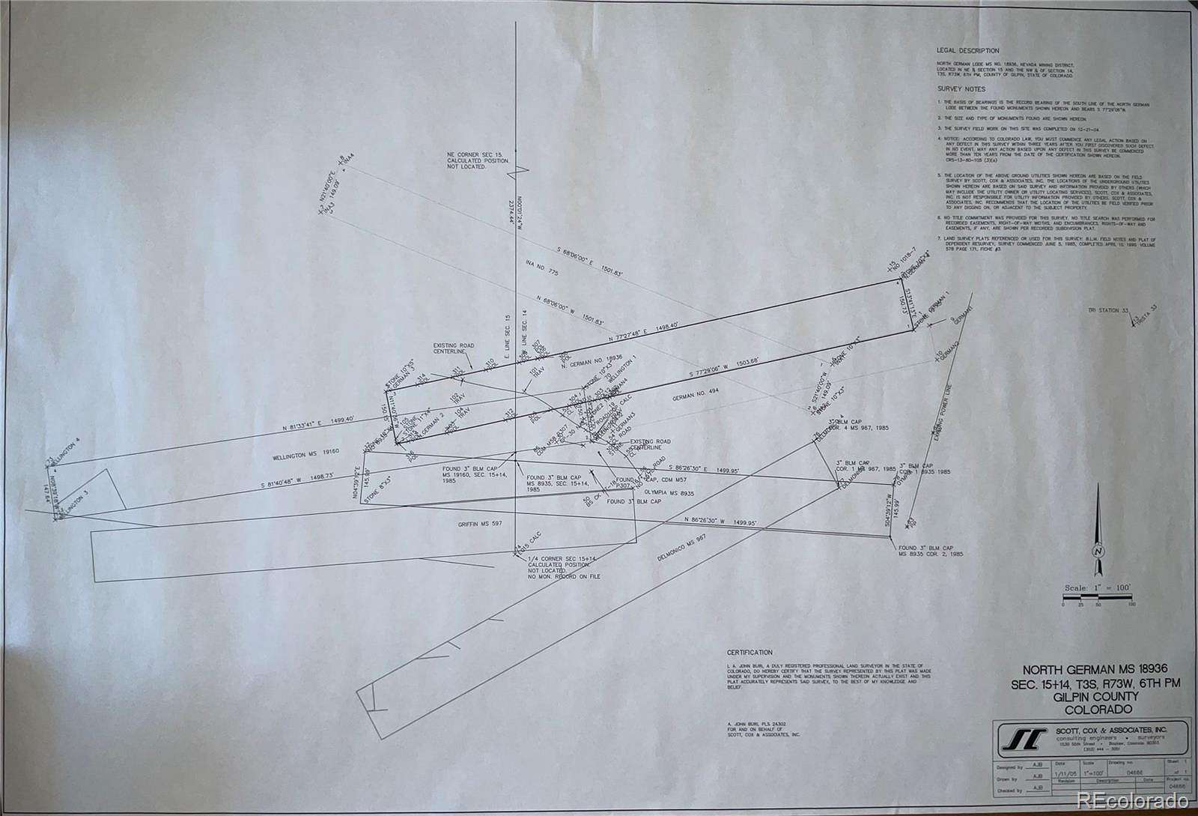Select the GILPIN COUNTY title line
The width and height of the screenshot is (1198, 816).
coord(1091,696)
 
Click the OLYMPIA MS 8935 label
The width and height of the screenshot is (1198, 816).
coord(670,493)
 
